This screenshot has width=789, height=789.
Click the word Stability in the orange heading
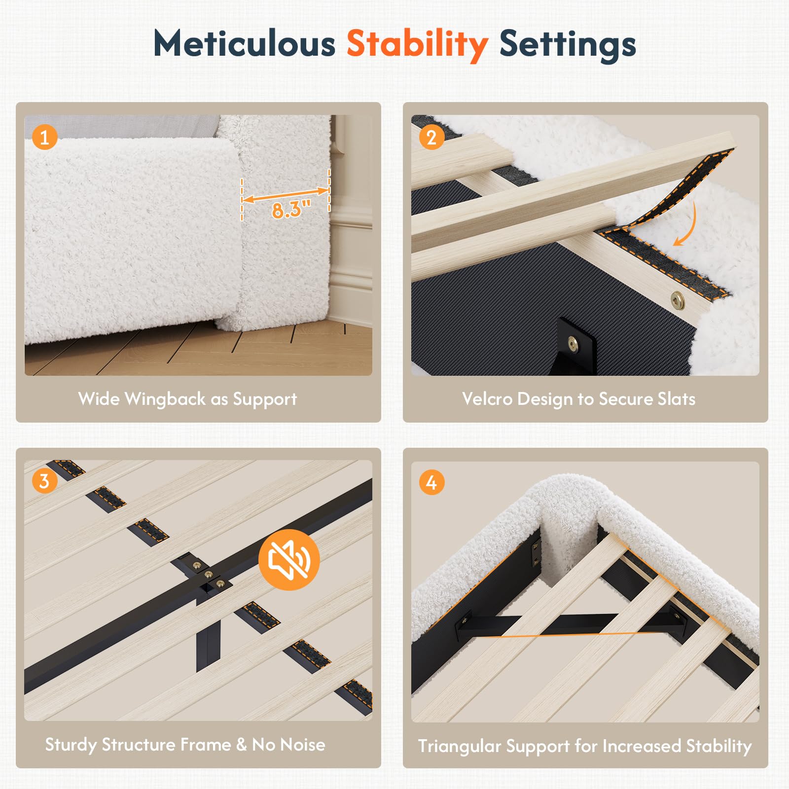pos(417,45)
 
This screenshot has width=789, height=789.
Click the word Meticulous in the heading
pos(244,43)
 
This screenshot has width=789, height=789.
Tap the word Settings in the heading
pos(568,45)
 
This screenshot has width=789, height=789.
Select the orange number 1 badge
pos(45,137)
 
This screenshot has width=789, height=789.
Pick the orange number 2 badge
pos(431,137)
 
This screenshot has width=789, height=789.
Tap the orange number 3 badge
pos(45,481)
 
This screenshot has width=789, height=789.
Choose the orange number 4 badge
pos(431,482)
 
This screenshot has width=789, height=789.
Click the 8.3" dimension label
pos(291,209)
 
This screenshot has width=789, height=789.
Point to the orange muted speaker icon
pos(289,560)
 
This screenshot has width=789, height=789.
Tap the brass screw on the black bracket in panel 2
pos(573,343)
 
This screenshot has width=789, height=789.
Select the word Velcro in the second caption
pos(487,399)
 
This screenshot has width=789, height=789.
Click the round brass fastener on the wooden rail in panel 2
pos(678,298)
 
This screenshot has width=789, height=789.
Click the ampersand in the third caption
pos(241,745)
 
